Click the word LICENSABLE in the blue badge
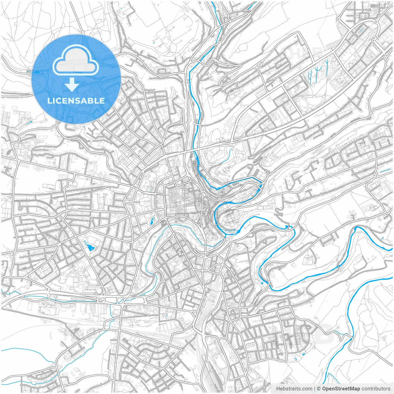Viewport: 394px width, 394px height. pos(76,101)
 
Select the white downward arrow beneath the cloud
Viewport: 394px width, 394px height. pos(72,85)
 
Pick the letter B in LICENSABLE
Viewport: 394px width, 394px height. pos(91,101)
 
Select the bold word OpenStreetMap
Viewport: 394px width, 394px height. pos(341,389)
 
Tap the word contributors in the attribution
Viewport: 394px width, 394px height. pos(376,389)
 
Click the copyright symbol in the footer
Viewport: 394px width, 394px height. pos(319,389)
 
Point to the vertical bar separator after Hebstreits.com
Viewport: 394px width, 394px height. pos(315,389)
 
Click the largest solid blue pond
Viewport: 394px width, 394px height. pos(90,247)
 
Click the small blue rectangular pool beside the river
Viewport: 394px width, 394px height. pos(261,282)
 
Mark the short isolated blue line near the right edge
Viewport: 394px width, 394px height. pos(385,171)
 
